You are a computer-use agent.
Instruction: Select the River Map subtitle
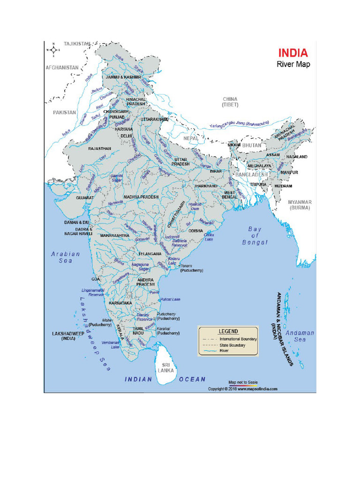point(293,64)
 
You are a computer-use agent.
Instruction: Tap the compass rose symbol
point(54,49)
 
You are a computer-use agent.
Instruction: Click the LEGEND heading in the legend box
point(228,331)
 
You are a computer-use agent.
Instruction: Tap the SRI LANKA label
point(166,367)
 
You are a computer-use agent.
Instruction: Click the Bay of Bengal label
point(255,236)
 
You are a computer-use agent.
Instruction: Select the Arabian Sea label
point(66,257)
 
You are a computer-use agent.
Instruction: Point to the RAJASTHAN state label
point(99,149)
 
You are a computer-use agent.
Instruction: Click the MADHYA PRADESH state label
point(141,197)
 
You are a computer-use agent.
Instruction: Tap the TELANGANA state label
point(150,254)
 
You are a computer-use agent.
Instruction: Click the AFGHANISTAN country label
point(62,67)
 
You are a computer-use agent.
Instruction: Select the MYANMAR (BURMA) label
point(300,204)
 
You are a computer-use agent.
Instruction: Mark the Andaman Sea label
point(300,336)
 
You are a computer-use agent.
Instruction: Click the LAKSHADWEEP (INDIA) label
point(67,336)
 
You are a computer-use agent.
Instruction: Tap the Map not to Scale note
point(243,382)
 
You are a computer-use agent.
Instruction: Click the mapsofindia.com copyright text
point(243,389)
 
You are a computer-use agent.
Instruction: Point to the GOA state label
point(96,279)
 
